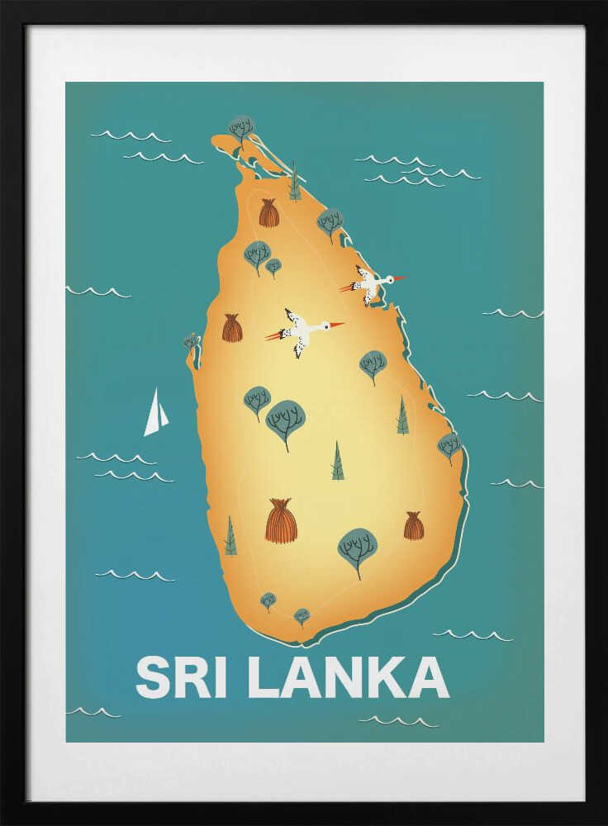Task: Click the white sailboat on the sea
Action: click(x=154, y=414)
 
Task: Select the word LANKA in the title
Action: click(x=348, y=677)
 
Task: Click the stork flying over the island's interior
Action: click(x=301, y=330)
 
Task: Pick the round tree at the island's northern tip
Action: click(x=241, y=127)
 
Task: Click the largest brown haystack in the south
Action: click(x=281, y=521)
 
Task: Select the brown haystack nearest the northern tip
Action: click(x=268, y=213)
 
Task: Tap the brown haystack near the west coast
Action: click(x=232, y=328)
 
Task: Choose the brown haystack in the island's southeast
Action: click(x=414, y=526)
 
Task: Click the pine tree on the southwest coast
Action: click(x=230, y=537)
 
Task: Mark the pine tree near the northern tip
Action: click(x=294, y=184)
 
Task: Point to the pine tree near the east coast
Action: click(x=402, y=416)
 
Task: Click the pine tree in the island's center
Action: click(x=337, y=462)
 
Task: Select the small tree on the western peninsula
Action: click(x=192, y=342)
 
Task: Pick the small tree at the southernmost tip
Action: click(x=302, y=616)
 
